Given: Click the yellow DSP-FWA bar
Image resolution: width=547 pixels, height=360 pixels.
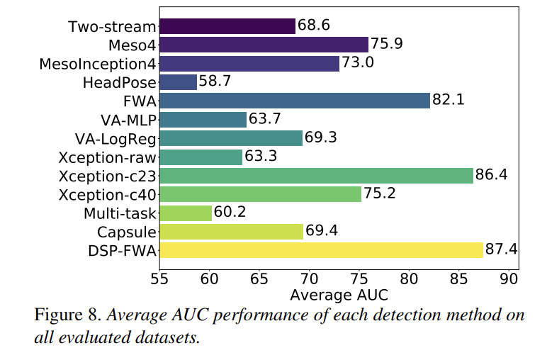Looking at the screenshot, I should tap(322, 249).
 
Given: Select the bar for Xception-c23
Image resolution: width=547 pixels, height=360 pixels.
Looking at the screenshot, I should tap(317, 175).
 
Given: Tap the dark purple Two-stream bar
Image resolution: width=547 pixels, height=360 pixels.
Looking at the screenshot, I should tap(227, 26).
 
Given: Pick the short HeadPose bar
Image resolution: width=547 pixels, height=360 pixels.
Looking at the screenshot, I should tap(179, 82).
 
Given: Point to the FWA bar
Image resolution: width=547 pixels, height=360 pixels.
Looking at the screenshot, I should tap(295, 101).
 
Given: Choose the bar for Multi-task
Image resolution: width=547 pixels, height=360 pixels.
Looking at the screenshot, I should tap(186, 213).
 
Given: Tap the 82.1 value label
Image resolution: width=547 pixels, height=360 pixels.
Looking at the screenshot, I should tap(449, 101).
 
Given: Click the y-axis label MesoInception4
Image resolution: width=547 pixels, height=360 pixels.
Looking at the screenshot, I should tap(97, 64).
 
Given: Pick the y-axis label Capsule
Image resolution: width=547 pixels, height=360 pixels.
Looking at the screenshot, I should tap(126, 232).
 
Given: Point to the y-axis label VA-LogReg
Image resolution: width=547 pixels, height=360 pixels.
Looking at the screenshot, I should tap(115, 138).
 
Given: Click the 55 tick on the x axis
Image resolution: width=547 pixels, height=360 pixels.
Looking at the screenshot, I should tap(160, 279).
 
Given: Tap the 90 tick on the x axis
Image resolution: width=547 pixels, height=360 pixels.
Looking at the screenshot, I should tap(509, 279).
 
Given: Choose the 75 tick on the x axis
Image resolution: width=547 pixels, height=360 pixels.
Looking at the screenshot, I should tap(359, 279).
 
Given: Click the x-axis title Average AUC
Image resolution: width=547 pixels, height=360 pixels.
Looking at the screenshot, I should tap(339, 293).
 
